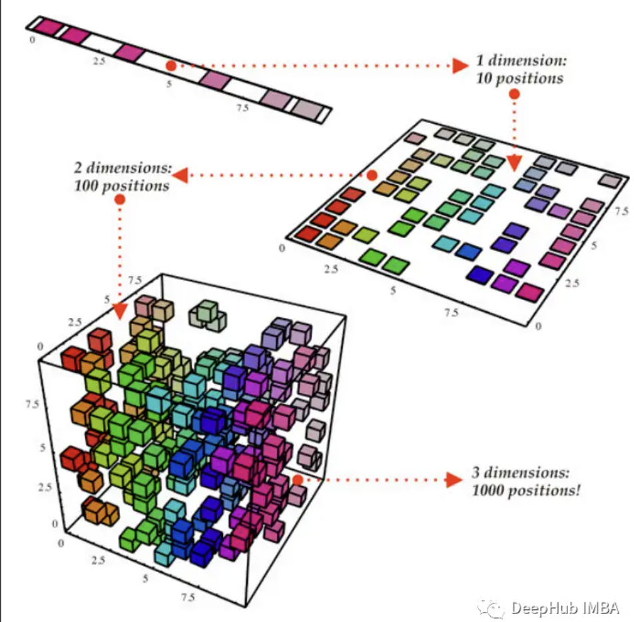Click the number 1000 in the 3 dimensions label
(488, 492)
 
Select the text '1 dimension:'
(521, 61)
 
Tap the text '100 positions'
(122, 185)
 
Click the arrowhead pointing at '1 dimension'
(460, 65)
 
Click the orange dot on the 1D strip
(171, 66)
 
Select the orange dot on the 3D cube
(298, 478)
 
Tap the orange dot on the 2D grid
(372, 175)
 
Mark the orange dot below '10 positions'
(514, 94)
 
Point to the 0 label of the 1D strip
(33, 40)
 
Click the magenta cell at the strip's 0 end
(47, 27)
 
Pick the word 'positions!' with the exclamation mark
(544, 492)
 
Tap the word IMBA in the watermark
(601, 607)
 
